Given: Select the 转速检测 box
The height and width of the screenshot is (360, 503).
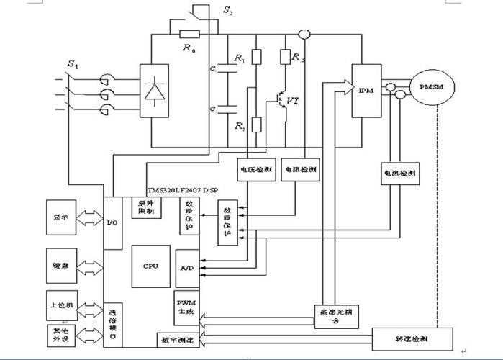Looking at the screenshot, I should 413,338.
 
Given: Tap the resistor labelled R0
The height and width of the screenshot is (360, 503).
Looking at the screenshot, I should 189,34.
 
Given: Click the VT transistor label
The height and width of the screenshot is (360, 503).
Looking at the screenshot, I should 293,101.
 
